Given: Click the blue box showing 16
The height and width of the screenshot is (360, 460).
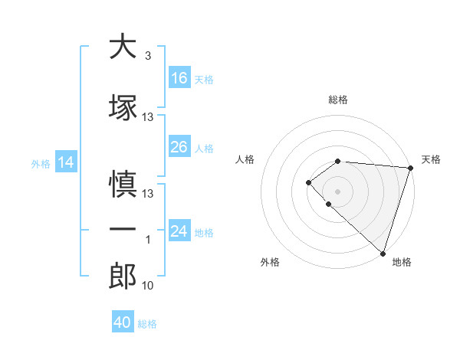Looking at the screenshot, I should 179,77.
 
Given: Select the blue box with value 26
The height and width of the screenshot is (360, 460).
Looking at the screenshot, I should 179,147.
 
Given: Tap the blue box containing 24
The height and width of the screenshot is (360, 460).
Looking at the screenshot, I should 179,231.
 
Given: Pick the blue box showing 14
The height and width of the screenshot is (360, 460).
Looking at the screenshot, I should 66,162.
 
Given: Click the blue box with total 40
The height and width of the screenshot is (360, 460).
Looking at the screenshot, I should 123,322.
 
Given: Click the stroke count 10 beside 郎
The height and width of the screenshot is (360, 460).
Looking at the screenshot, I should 148,286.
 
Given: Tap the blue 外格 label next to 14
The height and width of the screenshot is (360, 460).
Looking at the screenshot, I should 40,163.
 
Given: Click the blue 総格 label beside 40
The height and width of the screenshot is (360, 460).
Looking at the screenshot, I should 147,324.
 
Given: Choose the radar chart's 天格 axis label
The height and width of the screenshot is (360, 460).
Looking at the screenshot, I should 431,159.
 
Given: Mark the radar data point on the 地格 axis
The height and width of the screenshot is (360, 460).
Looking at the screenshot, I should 383,253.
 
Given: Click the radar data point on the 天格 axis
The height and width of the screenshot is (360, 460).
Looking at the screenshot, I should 410,168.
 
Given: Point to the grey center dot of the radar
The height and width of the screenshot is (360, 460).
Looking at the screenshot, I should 337,191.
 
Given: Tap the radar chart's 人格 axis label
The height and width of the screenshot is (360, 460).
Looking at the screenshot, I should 245,159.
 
